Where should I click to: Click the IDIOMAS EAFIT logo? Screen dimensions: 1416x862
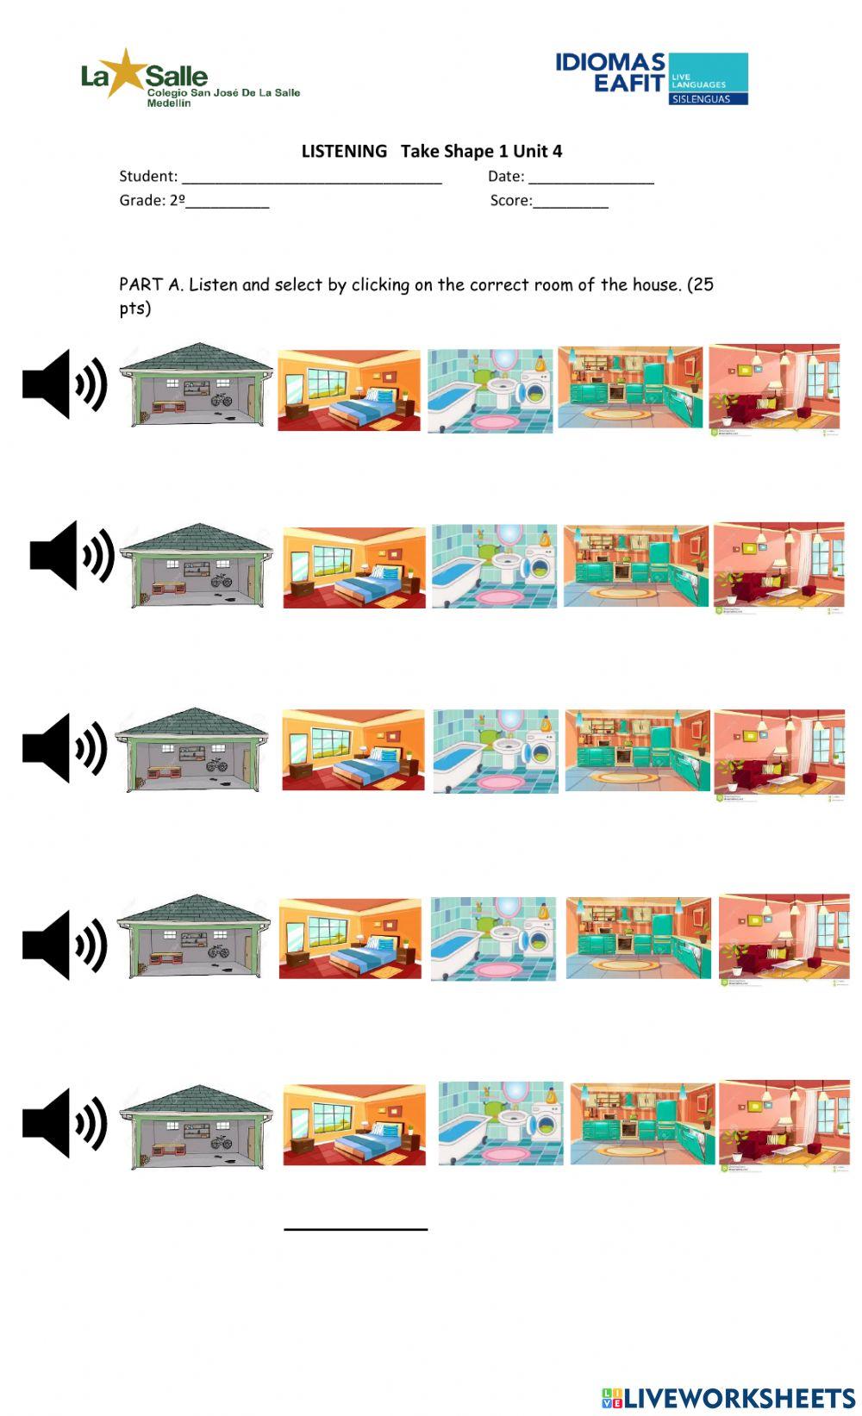pos(651,78)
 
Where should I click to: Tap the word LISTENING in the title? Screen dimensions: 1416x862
pos(344,151)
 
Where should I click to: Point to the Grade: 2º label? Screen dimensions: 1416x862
pos(152,200)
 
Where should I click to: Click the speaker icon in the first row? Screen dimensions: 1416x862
pos(65,384)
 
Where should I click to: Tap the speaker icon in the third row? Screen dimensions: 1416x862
pos(65,747)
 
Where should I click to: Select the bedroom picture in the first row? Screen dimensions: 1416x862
pos(349,390)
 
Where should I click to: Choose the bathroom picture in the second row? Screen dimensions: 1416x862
pos(494,565)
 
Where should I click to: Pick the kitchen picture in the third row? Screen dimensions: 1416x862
pos(637,750)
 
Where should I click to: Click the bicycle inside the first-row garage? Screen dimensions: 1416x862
pos(222,400)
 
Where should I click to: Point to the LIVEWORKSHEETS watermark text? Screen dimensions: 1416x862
pos(740,1397)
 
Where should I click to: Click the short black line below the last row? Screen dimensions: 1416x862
pos(355,1229)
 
